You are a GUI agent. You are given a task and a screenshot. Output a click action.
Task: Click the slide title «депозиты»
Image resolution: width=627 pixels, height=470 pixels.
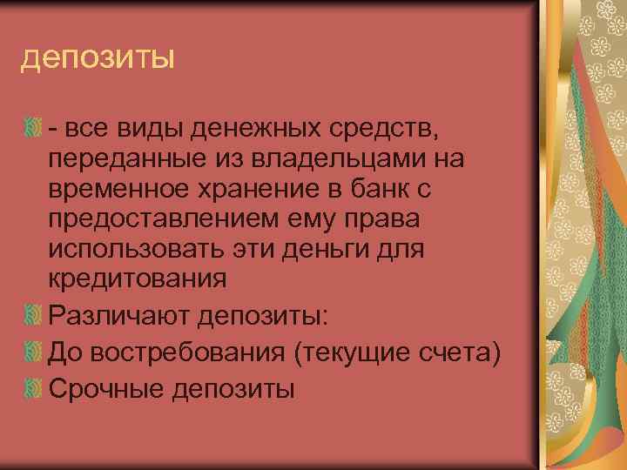coord(97,60)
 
